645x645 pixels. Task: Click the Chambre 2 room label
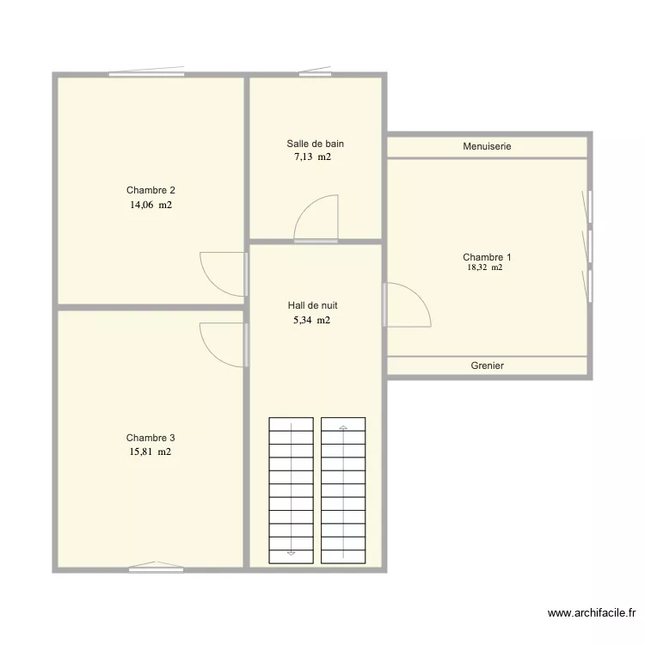(150, 190)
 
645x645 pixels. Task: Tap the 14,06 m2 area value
(151, 205)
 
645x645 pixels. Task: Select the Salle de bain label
(315, 144)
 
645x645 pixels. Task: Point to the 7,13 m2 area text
(313, 157)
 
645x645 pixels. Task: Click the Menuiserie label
(487, 146)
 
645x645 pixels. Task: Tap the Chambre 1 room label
(487, 257)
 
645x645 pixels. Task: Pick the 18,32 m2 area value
(485, 267)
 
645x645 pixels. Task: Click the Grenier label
(487, 365)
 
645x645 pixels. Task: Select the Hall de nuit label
(313, 305)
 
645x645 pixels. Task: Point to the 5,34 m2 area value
(312, 320)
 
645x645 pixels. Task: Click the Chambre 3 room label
(150, 438)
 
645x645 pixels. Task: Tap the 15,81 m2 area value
(150, 451)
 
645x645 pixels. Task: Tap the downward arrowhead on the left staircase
(292, 553)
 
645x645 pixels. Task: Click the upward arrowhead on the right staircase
(343, 427)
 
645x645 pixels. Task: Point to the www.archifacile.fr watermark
(592, 613)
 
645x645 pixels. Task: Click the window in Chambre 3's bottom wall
(156, 569)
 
